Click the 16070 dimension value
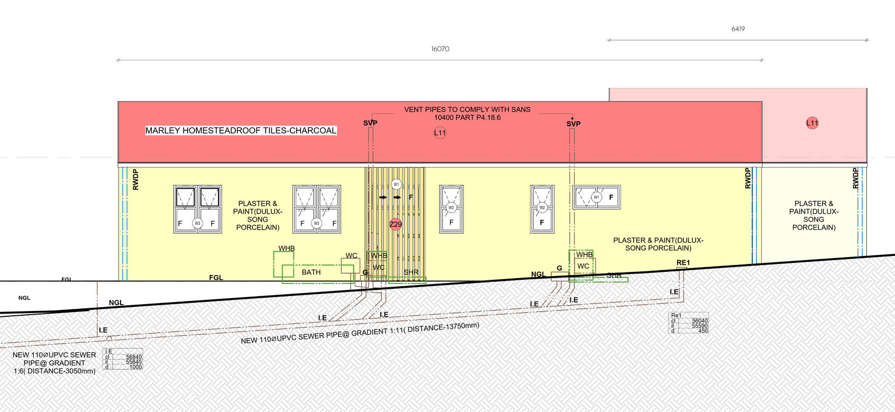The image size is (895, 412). [440, 49]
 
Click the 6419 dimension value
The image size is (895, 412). [738, 29]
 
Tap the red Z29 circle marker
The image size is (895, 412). [396, 224]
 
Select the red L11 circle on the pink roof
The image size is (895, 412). [812, 123]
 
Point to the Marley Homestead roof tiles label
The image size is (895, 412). [241, 131]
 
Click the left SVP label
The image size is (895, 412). [370, 123]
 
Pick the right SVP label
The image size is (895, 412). [573, 124]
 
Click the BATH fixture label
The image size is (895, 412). [311, 272]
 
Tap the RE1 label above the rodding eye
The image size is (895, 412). [683, 263]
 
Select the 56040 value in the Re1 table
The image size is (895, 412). [699, 321]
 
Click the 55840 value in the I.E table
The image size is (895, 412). [134, 362]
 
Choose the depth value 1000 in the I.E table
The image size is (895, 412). [135, 367]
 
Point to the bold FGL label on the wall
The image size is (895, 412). [216, 278]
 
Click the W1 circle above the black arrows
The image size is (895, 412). [396, 184]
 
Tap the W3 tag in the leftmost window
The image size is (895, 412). [197, 223]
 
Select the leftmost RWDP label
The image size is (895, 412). [135, 179]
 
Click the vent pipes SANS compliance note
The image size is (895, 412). [467, 113]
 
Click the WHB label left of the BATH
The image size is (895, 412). [287, 249]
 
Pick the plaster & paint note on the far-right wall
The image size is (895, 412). [814, 215]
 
